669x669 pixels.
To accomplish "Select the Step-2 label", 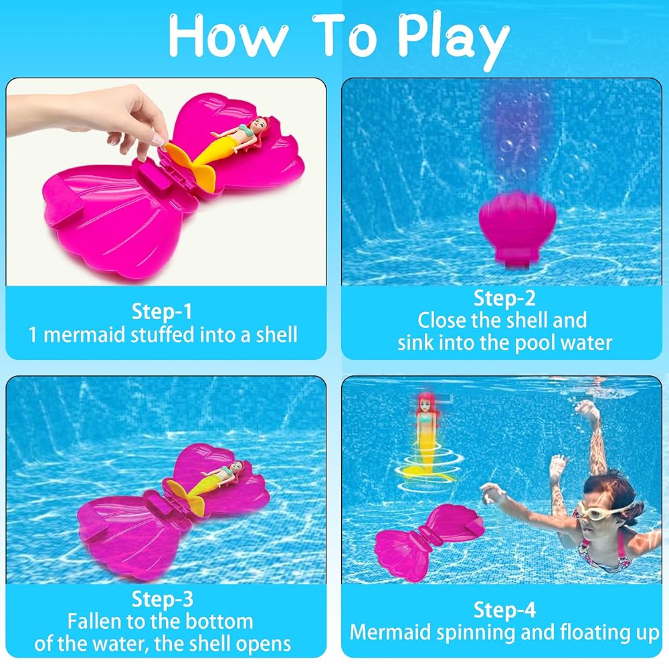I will click(504, 298).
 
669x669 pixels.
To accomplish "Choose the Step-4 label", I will click(504, 609).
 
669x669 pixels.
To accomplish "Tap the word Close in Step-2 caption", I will click(442, 320).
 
